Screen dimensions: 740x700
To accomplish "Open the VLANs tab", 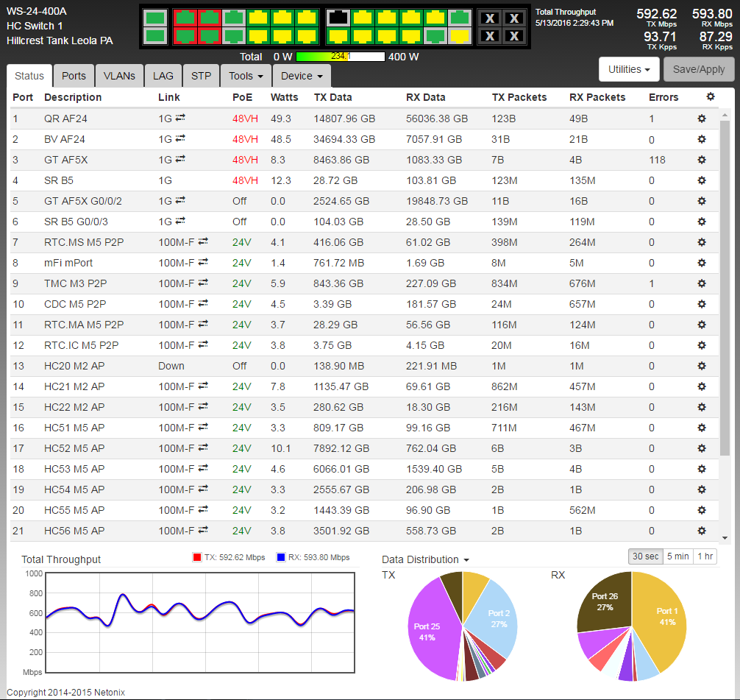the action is coord(119,76).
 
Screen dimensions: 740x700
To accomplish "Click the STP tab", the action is coord(201,76).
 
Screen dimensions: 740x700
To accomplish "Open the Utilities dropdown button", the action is coord(629,69).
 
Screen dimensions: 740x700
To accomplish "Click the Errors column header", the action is coord(663,97).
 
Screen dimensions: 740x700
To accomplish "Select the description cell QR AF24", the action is coord(65,119).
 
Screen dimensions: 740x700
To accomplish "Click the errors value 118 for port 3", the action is coord(657,160).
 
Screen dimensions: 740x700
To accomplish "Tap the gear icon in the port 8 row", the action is coord(702,263).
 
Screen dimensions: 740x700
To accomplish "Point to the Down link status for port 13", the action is coord(171,366).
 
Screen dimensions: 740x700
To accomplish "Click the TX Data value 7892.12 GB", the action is coord(341,448).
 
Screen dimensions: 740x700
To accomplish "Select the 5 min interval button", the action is coord(677,556).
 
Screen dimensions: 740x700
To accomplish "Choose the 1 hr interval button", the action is coord(705,556).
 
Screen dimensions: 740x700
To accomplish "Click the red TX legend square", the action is coord(197,557).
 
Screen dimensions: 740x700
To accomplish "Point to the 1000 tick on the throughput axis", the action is coord(34,573).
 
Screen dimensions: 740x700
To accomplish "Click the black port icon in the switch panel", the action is coord(338,18).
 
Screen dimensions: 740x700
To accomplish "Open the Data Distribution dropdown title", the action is coord(425,559).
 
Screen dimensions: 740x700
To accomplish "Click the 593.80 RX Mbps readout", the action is coord(712,14).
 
